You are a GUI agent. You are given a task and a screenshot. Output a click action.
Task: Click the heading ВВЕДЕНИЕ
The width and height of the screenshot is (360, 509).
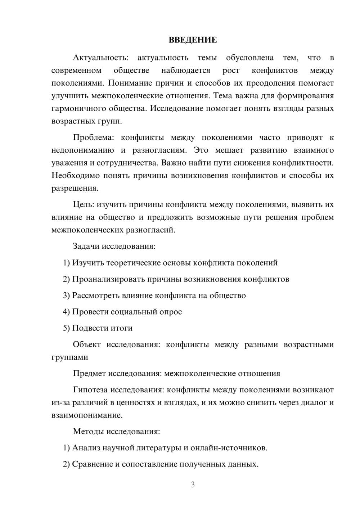(193, 40)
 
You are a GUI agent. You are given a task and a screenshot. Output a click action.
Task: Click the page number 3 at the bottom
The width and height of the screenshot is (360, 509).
(193, 485)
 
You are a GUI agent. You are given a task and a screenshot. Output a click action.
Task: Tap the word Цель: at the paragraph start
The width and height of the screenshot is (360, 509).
(84, 205)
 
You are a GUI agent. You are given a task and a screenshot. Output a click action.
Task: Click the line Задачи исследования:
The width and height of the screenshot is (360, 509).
(114, 247)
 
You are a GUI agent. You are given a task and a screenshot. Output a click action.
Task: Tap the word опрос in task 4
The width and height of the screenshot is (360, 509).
(170, 312)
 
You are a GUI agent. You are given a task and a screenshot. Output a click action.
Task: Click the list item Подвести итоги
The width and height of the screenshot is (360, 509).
(102, 328)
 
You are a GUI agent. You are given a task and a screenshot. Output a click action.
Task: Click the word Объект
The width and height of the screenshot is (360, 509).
(87, 344)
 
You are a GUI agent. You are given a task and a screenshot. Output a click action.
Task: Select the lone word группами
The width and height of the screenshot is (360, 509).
(69, 357)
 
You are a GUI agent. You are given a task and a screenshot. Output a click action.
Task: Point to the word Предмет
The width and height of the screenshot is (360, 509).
(89, 374)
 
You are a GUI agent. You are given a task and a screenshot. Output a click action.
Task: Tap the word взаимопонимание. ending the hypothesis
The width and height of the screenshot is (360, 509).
(87, 415)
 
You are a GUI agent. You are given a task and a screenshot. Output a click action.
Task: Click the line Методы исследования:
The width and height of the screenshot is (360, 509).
(116, 432)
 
